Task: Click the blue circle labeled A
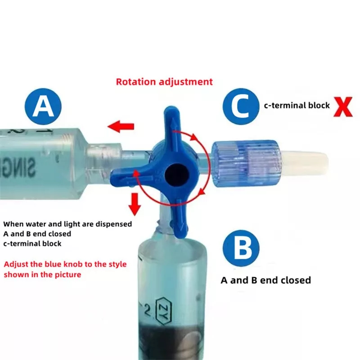click(44, 106)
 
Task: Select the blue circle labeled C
click(241, 106)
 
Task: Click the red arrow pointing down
click(135, 204)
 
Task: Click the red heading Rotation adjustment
click(164, 82)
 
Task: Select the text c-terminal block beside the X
click(297, 106)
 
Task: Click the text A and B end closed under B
click(265, 280)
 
